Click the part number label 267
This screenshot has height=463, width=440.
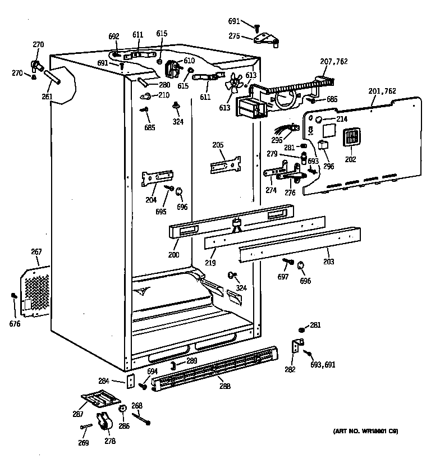click(x=36, y=253)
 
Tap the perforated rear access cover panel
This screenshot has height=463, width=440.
click(x=35, y=292)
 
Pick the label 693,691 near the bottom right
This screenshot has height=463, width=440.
click(x=323, y=364)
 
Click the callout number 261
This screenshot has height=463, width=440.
click(x=47, y=97)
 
